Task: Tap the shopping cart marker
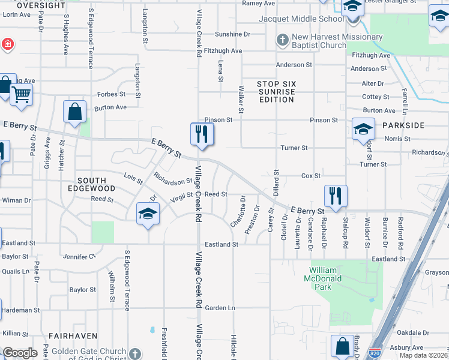tap(21, 94)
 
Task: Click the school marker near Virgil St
tap(148, 215)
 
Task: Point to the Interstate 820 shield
tap(375, 353)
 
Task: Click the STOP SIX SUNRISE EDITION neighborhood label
tap(277, 92)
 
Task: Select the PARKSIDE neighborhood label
tap(403, 125)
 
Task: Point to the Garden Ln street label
tap(220, 308)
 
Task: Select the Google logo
tap(20, 353)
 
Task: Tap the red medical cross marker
tap(7, 44)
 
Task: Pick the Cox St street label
tap(311, 176)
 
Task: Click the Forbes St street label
tap(112, 94)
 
